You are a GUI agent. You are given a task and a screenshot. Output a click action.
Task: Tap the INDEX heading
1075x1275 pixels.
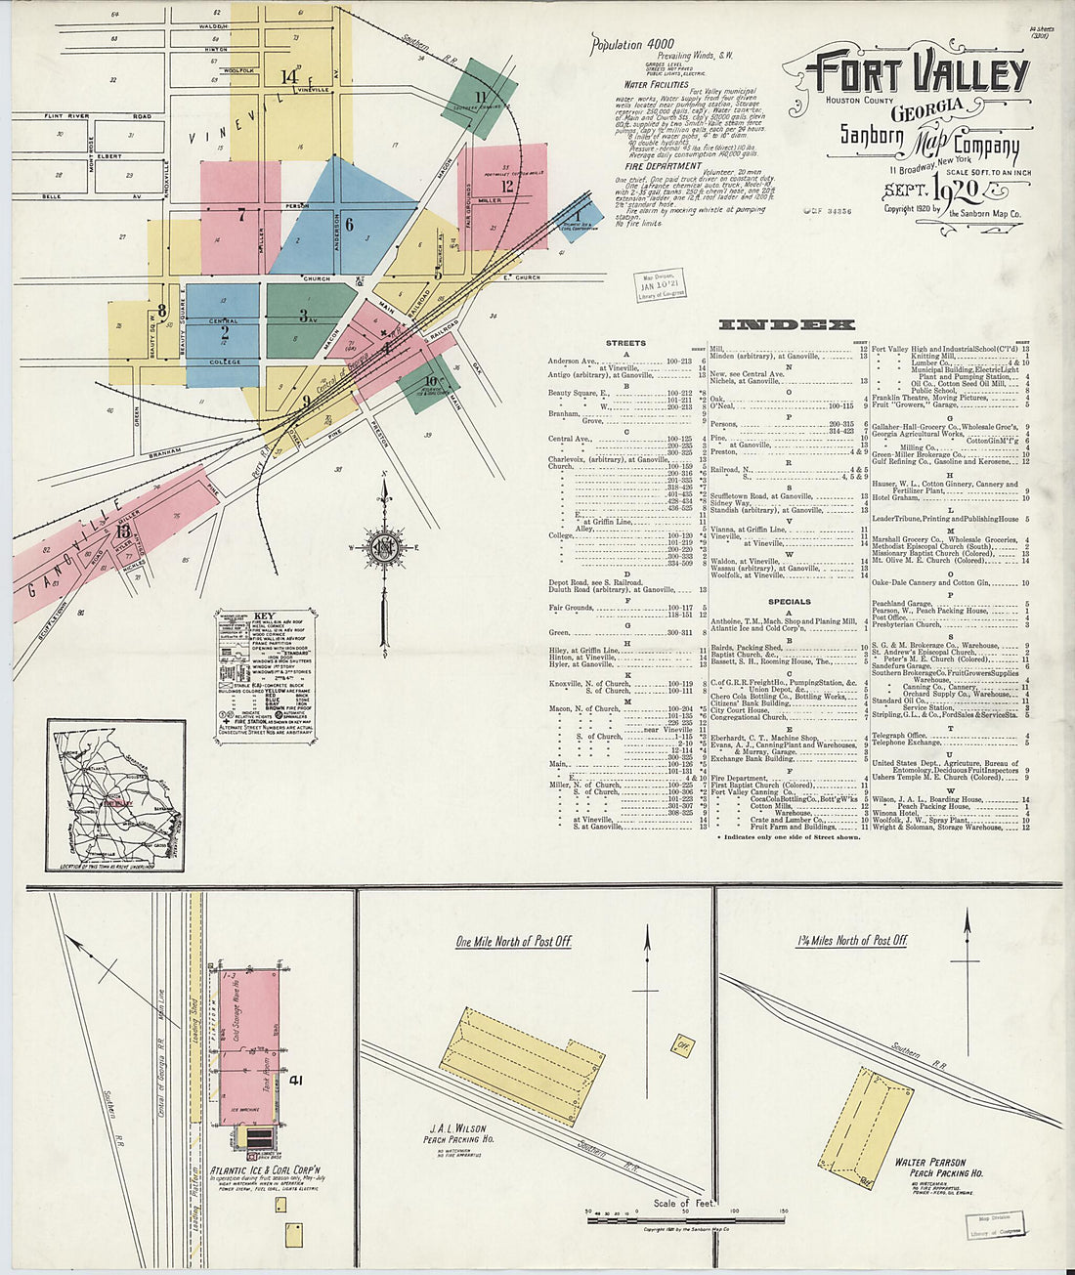tap(787, 324)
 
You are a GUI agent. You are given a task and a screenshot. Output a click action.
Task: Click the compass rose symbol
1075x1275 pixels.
tap(383, 547)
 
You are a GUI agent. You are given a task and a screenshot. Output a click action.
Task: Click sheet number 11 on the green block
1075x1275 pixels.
tap(480, 96)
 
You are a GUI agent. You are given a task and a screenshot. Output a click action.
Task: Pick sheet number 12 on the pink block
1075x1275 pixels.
tap(506, 185)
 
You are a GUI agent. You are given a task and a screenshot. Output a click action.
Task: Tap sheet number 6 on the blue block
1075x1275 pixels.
tap(348, 223)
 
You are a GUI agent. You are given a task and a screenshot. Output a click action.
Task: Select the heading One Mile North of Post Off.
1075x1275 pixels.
tap(513, 942)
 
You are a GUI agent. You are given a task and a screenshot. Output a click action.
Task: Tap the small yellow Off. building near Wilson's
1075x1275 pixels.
tap(681, 1044)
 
